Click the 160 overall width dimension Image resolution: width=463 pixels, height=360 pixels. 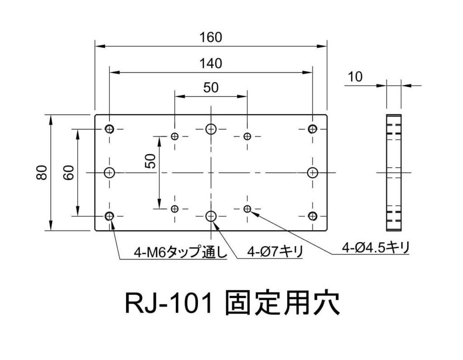pyautogui.click(x=211, y=37)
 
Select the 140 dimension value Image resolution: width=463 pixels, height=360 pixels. pyautogui.click(x=211, y=64)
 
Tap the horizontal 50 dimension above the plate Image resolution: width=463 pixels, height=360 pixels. pyautogui.click(x=211, y=88)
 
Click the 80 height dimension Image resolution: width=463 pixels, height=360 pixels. pyautogui.click(x=42, y=173)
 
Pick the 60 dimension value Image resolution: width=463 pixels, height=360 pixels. pyautogui.click(x=68, y=173)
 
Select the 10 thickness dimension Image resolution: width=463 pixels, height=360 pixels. pyautogui.click(x=355, y=77)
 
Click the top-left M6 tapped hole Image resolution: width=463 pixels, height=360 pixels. pyautogui.click(x=109, y=129)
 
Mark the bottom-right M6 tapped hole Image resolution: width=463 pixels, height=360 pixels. pyautogui.click(x=312, y=216)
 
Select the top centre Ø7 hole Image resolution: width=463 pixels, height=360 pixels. pyautogui.click(x=211, y=129)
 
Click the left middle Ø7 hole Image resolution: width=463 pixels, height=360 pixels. pyautogui.click(x=109, y=173)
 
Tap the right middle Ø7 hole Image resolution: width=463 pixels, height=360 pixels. pyautogui.click(x=312, y=173)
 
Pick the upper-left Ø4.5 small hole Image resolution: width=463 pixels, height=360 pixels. pyautogui.click(x=175, y=136)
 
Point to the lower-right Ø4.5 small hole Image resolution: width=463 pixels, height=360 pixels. pyautogui.click(x=247, y=208)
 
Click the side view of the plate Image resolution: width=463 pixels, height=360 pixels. pyautogui.click(x=393, y=173)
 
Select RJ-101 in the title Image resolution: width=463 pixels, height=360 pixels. pyautogui.click(x=169, y=304)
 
